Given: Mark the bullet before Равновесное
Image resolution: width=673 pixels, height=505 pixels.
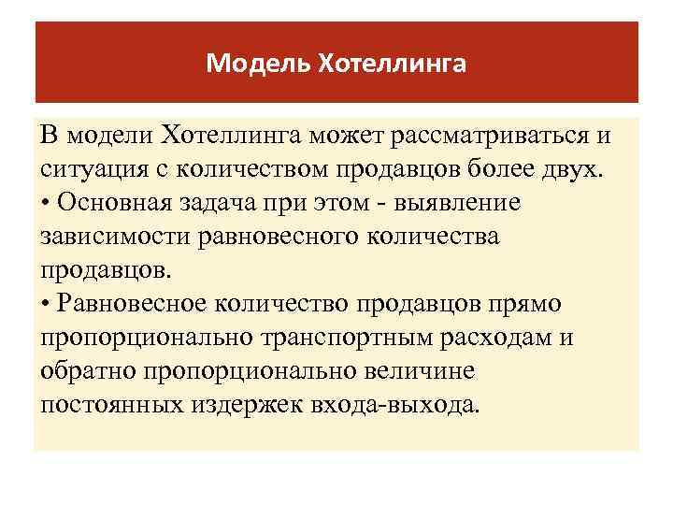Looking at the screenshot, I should click(46, 303).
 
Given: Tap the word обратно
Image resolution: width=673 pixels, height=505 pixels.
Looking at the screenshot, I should click(89, 369).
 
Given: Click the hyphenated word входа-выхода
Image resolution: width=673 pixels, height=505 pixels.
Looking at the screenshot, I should click(396, 403).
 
